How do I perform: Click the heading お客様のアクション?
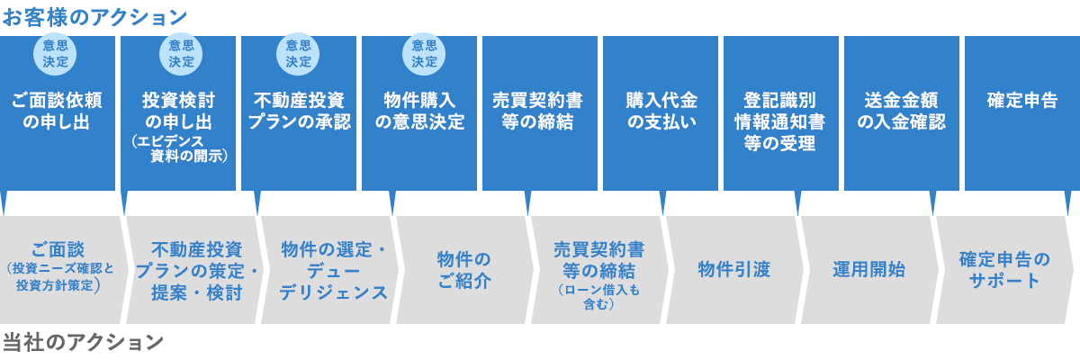94,17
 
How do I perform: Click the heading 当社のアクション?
82,342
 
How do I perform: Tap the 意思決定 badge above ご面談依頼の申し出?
55,53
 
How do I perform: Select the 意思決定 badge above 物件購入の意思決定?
424,53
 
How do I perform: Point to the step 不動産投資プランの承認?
299,111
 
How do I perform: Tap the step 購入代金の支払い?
661,111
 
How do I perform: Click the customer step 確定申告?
1021,101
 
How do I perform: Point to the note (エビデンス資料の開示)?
179,148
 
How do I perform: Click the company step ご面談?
57,249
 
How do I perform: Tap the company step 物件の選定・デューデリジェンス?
333,270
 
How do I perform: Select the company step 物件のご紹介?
464,269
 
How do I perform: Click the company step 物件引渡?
734,269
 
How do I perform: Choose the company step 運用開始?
868,269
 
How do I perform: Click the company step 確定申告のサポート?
1004,269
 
